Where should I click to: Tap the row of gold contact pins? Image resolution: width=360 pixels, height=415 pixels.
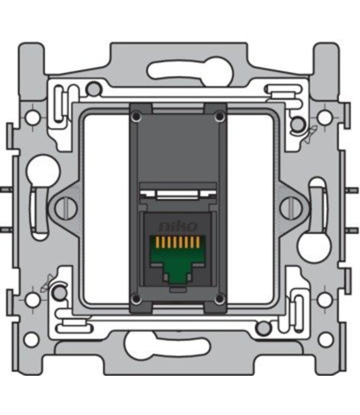coord(178,242)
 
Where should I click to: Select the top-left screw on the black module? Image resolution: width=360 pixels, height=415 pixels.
coord(136,117)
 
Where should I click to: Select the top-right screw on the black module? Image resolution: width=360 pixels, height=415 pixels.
coord(219,117)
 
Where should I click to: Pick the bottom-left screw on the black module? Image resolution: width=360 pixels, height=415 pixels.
coord(136,299)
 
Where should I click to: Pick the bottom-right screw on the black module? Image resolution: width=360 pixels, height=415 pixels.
coord(219,299)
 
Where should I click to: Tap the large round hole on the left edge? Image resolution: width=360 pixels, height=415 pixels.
coord(43,171)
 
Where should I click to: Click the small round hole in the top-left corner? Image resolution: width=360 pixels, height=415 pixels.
coord(33,117)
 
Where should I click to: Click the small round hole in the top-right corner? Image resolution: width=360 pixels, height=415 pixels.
coord(326,117)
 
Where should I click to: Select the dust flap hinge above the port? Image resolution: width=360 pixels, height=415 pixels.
coord(177,194)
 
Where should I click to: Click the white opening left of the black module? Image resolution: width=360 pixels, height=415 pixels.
coord(105,207)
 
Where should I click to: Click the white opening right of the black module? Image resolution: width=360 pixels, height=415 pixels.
coord(250,207)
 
